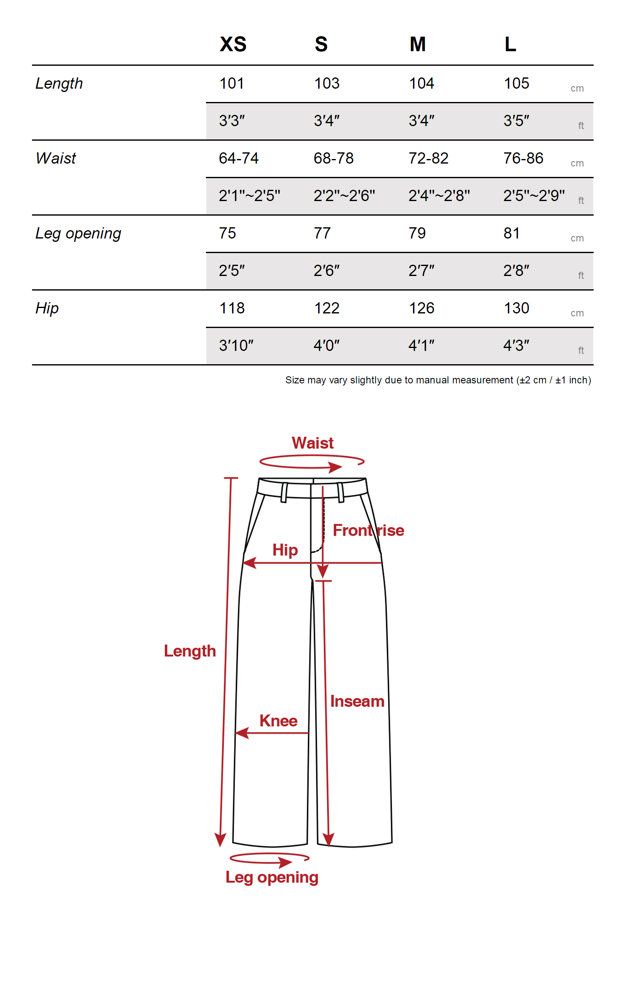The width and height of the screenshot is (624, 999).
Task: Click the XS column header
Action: (233, 44)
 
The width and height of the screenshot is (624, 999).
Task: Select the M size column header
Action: (418, 44)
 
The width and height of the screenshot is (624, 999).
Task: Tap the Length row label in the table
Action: (59, 84)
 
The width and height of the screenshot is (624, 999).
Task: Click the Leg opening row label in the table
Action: (78, 234)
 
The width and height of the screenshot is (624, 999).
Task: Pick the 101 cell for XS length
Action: (232, 84)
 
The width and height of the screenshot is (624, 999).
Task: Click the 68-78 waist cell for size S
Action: (333, 159)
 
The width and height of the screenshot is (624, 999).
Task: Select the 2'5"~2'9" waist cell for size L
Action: (534, 196)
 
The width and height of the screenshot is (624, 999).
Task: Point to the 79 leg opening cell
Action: (417, 234)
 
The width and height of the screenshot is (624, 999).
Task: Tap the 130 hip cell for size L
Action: (516, 308)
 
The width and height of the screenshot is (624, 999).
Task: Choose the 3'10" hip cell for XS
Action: (236, 345)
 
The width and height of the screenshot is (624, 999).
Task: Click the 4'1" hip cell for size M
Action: (421, 345)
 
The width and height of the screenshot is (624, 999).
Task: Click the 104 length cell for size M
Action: (421, 84)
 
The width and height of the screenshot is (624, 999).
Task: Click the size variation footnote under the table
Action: (438, 380)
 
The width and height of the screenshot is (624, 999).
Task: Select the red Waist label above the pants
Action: (312, 443)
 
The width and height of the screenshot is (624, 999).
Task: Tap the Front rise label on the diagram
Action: (368, 530)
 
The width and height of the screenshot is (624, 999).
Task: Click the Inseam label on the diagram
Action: (357, 701)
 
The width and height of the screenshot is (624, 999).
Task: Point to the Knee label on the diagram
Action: (278, 721)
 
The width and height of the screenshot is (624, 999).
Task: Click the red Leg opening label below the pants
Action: (272, 877)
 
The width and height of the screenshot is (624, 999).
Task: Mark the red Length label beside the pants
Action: (190, 651)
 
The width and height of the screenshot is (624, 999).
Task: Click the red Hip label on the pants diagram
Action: (285, 550)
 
